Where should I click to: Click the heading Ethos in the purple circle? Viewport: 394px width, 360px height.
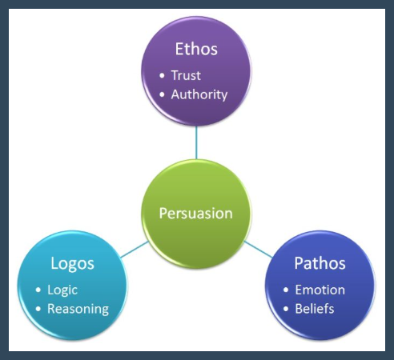[196, 49]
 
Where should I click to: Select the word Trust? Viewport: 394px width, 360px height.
[186, 75]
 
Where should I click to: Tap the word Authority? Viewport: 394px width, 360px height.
[199, 95]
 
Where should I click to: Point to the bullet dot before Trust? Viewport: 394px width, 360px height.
[162, 75]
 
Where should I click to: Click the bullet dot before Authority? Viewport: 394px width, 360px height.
[162, 94]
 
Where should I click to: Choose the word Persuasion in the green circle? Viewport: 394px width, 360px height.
[196, 214]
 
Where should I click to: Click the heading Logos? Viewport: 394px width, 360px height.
[72, 264]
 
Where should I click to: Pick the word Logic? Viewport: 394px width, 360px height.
[62, 290]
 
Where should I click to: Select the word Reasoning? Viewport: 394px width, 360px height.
[78, 310]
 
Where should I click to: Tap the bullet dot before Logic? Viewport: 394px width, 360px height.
[38, 290]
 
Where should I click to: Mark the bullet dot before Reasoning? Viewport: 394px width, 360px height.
[38, 309]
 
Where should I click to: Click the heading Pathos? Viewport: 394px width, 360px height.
[320, 263]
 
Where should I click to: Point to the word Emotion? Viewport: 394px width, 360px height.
[320, 290]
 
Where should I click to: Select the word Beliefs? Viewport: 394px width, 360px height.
[315, 309]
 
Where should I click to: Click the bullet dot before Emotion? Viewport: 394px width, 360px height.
[286, 290]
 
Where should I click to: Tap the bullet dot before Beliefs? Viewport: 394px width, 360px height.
[286, 309]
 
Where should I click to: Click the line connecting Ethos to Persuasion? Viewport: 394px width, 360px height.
[196, 142]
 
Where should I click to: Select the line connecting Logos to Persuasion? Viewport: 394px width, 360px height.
[135, 250]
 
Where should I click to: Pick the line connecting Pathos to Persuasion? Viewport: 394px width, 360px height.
[258, 250]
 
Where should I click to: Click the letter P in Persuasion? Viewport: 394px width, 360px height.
[163, 214]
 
